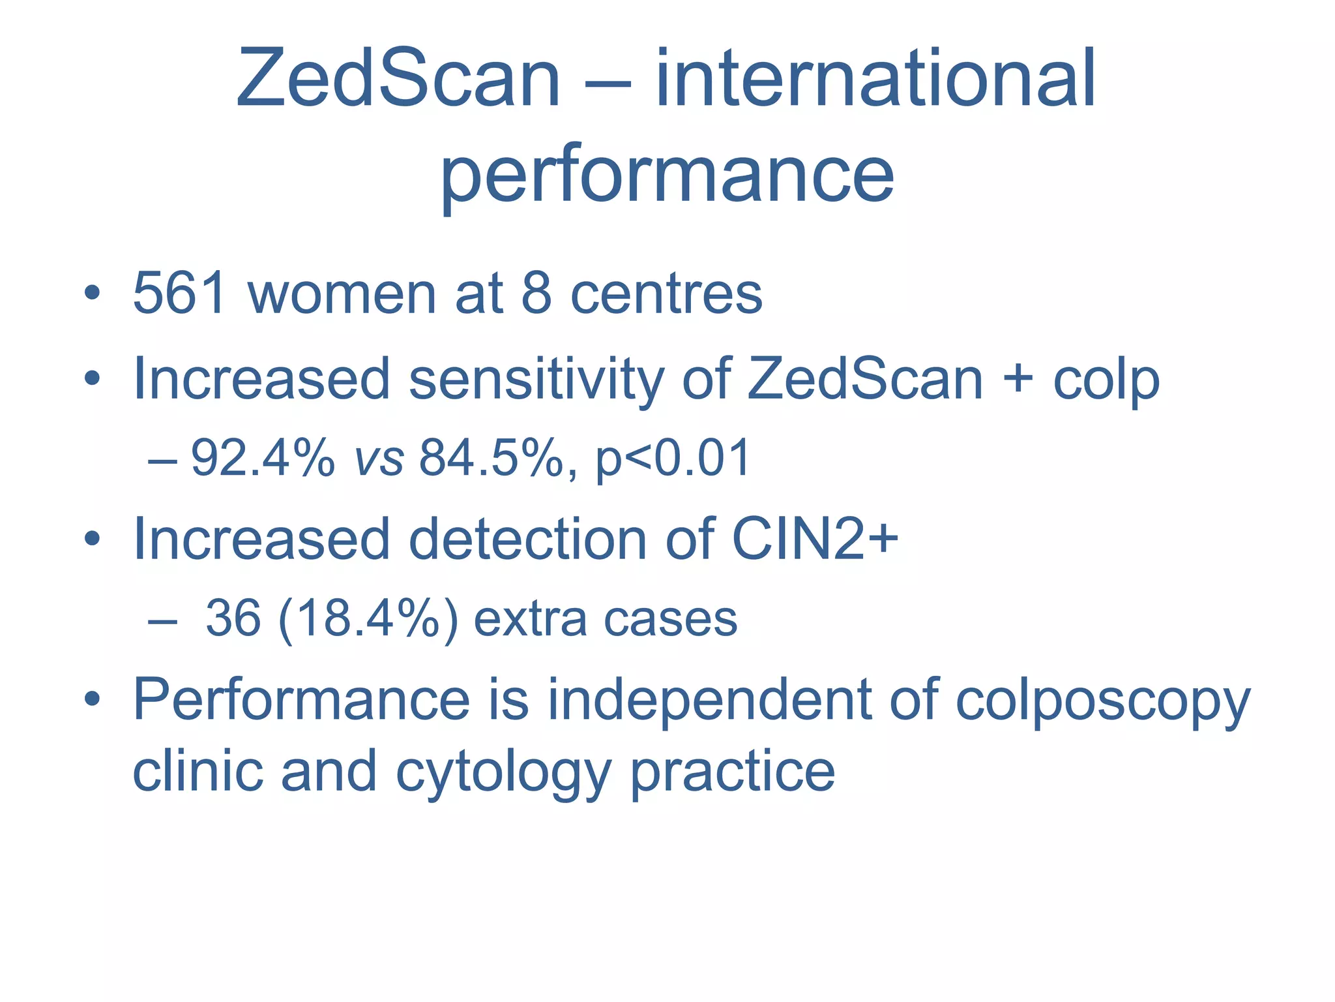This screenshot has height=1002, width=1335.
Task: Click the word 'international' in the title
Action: coord(875,79)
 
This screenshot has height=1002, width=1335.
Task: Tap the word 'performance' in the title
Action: coord(667,174)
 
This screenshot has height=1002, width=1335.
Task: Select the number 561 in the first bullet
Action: coord(180,294)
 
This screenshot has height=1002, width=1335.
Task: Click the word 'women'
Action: coord(342,294)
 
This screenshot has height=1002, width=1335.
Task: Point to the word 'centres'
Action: coord(666,294)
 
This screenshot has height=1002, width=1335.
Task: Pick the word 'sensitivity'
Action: coord(536,379)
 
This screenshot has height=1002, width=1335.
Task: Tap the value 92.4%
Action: coord(263,459)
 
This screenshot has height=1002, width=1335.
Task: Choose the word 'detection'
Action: coord(528,539)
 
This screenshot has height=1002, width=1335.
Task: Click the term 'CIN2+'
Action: coord(815,539)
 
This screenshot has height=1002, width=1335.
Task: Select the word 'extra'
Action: coord(530,619)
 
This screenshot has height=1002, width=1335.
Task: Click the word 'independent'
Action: coord(709,700)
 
